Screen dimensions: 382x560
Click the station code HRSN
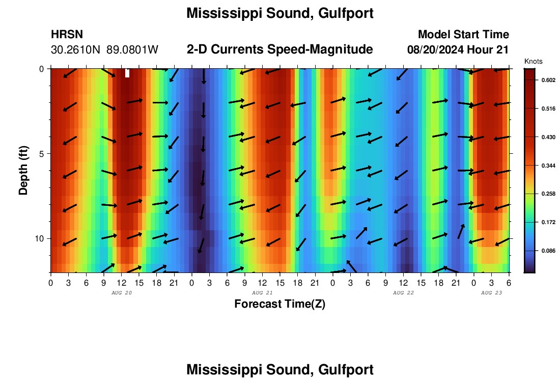(x=67, y=35)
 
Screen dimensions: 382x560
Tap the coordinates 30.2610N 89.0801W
(x=104, y=50)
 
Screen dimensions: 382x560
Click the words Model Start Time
(x=463, y=35)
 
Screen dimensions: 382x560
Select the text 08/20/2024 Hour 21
(x=458, y=50)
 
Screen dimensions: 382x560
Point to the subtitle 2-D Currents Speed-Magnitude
(x=280, y=49)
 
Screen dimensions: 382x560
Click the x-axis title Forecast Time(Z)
(x=279, y=304)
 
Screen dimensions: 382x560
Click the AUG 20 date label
(x=121, y=293)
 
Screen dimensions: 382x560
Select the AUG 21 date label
(x=262, y=293)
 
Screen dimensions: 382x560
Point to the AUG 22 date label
(x=403, y=293)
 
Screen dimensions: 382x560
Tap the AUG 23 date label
(x=491, y=293)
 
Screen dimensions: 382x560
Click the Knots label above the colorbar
(x=533, y=62)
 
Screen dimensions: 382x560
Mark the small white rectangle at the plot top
(x=127, y=73)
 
